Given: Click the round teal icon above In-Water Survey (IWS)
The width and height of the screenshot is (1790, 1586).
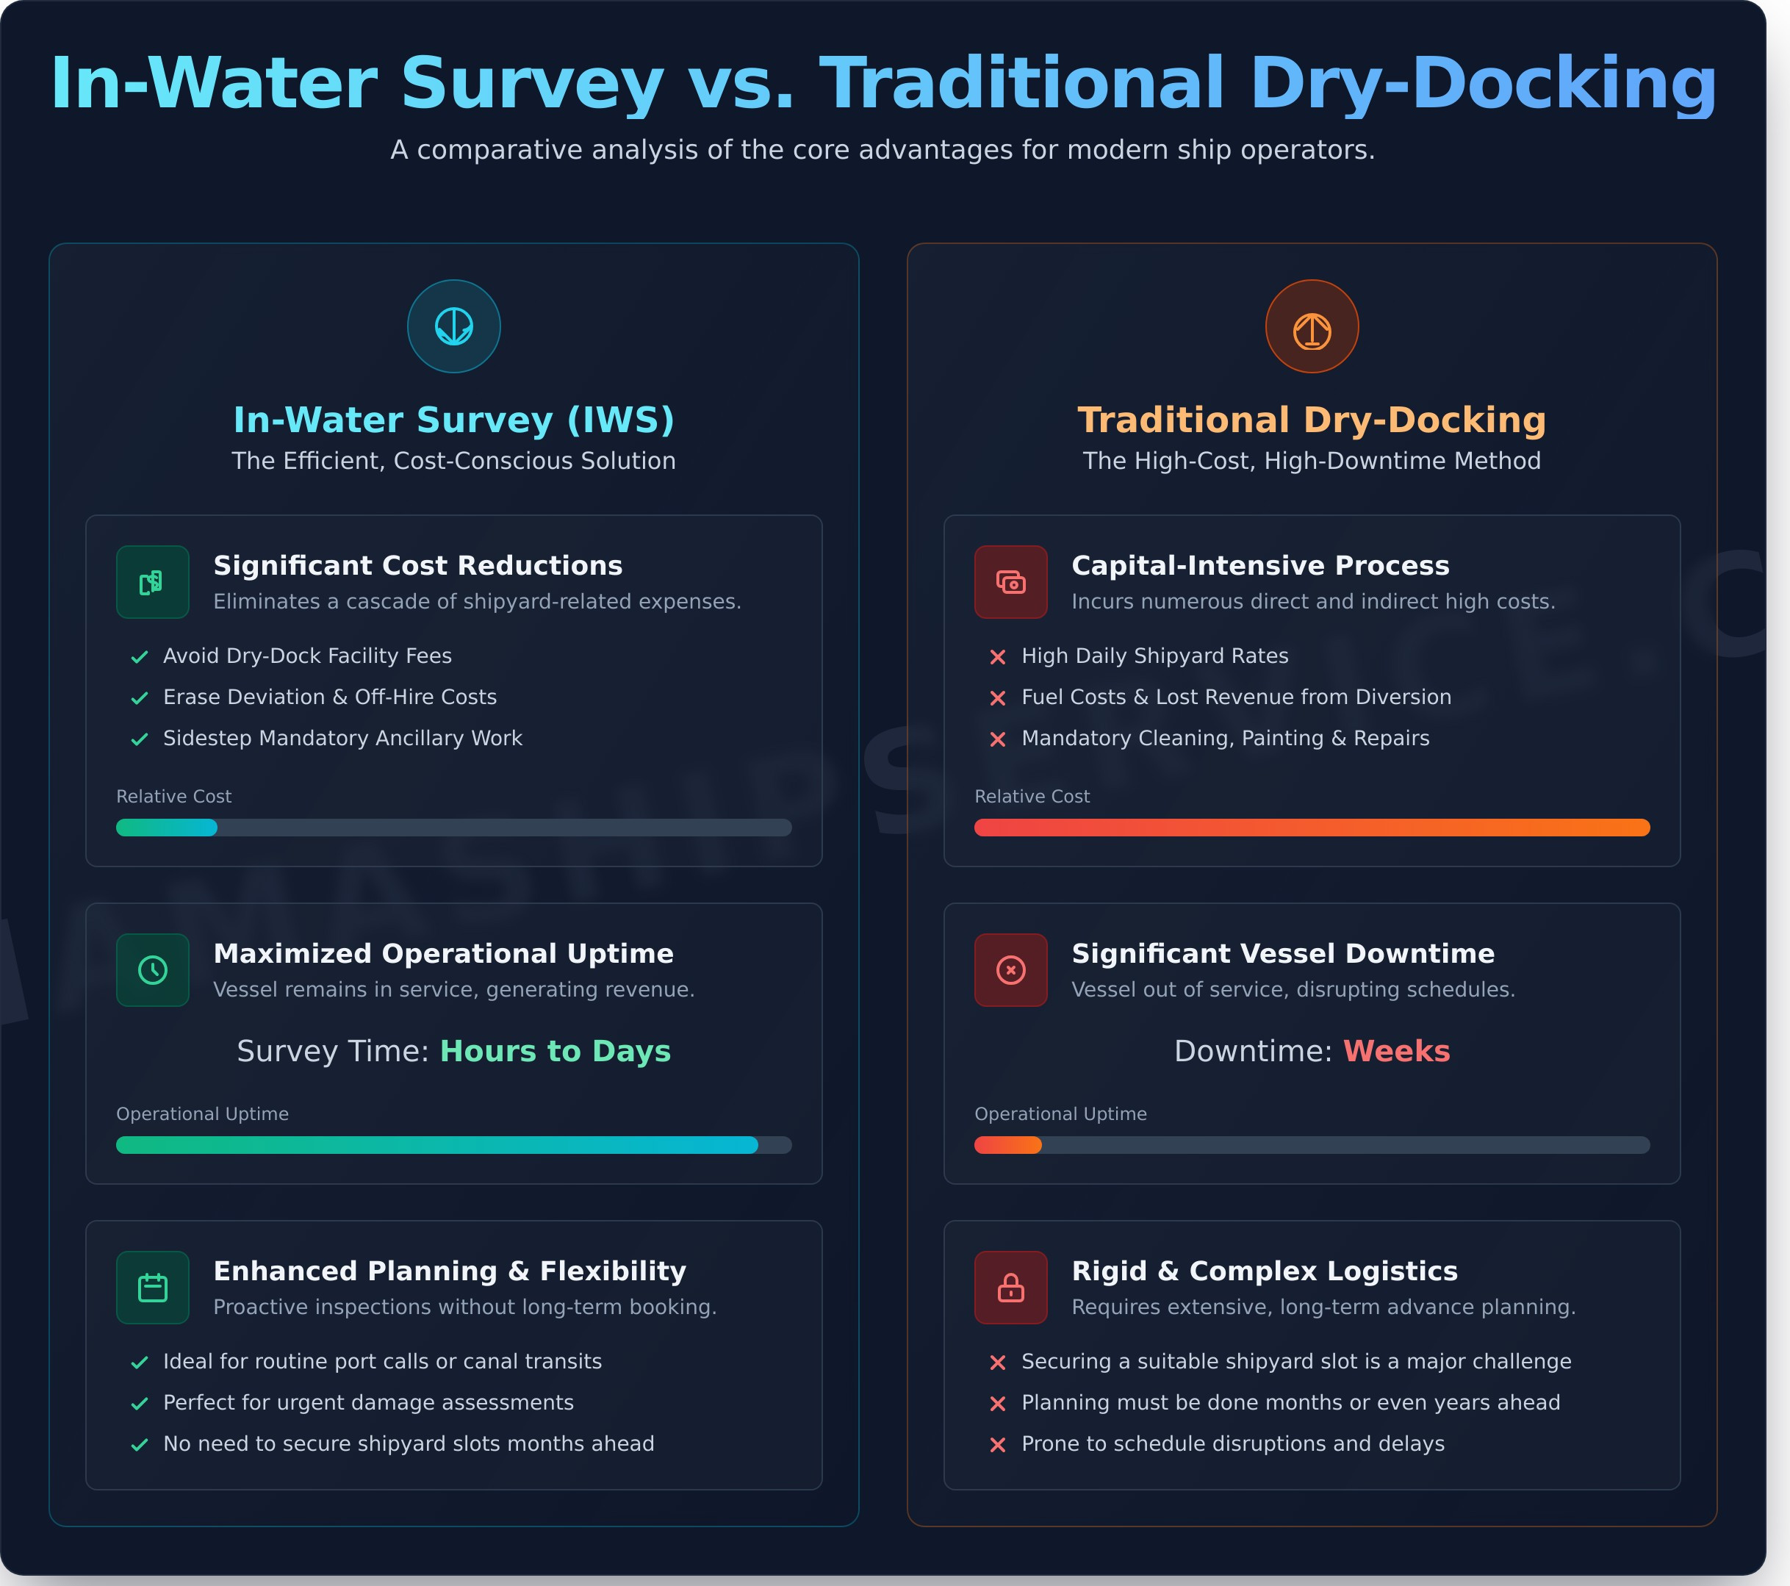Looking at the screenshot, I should [x=453, y=326].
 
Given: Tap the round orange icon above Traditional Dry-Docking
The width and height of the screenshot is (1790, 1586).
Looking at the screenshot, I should [x=1311, y=326].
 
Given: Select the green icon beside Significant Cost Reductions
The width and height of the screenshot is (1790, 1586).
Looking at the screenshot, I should [x=152, y=582].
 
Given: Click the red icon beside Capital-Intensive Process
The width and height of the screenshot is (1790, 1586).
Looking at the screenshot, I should [x=1010, y=582].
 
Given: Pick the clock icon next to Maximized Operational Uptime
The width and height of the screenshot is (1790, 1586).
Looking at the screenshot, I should [x=152, y=969].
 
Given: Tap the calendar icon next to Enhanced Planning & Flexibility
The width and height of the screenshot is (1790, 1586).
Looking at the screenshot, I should [x=152, y=1288].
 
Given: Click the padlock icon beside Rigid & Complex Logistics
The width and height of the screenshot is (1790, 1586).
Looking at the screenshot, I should [x=1010, y=1288].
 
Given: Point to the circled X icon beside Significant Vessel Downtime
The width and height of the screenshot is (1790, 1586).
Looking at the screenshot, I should [x=1010, y=969].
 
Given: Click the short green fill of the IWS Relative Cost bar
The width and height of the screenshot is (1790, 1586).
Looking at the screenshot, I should [x=166, y=828].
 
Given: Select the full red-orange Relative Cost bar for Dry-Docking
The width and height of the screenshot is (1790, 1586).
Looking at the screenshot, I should [x=1311, y=828].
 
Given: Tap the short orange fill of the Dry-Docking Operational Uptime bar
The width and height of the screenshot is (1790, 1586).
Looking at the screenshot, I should [x=1007, y=1144].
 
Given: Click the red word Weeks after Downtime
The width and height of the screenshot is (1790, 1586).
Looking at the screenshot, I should [x=1396, y=1051].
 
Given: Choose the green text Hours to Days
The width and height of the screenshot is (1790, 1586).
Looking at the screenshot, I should [x=556, y=1051].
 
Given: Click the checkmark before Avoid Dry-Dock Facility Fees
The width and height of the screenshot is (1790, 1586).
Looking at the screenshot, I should [x=139, y=657].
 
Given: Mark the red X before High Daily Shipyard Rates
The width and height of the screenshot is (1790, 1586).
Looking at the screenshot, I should [x=997, y=657].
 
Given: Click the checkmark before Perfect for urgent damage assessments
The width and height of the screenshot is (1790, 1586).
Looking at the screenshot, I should [x=139, y=1404].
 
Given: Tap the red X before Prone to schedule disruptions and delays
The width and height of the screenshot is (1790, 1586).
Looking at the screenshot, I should [x=997, y=1445].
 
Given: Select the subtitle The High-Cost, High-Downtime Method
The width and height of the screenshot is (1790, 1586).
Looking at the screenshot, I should [x=1311, y=461].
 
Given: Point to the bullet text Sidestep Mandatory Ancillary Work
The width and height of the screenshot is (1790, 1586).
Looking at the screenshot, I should [x=342, y=739].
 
